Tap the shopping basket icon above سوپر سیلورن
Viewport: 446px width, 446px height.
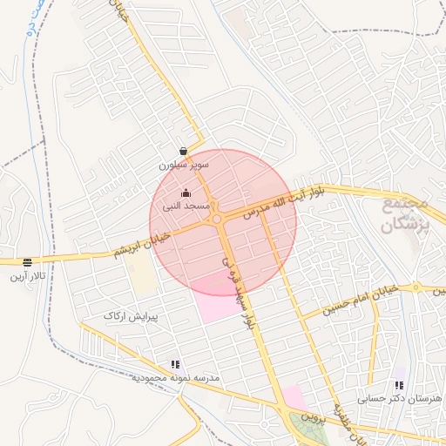[182, 151]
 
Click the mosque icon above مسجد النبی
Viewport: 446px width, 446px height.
[185, 193]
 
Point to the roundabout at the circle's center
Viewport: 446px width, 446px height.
[216, 220]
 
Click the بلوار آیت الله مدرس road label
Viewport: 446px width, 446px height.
[287, 200]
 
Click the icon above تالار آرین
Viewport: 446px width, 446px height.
[28, 262]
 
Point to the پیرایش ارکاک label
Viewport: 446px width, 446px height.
[128, 314]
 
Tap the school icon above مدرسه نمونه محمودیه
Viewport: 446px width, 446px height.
[175, 365]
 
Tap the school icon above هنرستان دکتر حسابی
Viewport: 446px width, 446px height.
[399, 384]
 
